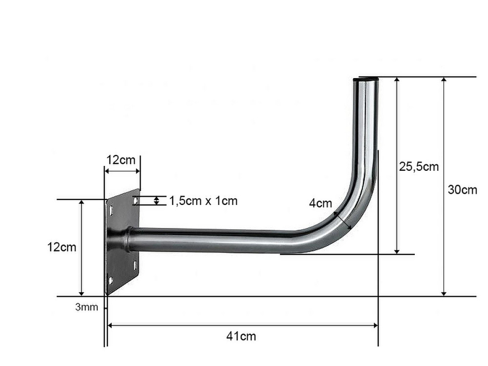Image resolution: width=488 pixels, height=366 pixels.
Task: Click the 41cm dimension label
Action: tap(241, 336)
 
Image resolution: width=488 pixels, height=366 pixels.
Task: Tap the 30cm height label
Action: tap(462, 189)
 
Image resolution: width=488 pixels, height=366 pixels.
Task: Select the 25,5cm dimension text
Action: tap(419, 166)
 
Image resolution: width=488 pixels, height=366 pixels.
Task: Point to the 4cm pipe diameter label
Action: tap(321, 203)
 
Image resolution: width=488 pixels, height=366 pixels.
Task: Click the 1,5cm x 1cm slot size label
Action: tap(203, 201)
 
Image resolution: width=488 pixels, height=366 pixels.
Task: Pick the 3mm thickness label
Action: tap(86, 307)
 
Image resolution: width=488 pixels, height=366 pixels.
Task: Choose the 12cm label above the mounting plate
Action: tap(121, 160)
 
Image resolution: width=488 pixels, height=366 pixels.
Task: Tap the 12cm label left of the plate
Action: tap(61, 247)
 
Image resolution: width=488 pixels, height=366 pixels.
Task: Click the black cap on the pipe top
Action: tap(366, 80)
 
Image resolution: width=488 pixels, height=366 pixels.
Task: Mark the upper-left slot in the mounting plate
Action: tap(111, 210)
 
